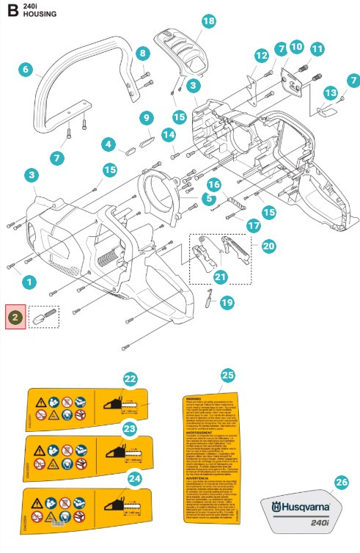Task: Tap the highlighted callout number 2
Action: [15, 316]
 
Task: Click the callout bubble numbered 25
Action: [228, 375]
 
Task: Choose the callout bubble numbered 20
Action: [268, 246]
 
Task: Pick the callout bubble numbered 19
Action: [227, 301]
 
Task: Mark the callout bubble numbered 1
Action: [29, 281]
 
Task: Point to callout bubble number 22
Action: [131, 379]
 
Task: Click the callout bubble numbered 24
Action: [134, 477]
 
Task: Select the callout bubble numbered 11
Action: [317, 49]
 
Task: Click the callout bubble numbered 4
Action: [109, 144]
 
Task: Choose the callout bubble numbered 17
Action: [254, 226]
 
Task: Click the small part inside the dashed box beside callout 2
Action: [45, 316]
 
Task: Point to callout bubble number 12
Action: [261, 55]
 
